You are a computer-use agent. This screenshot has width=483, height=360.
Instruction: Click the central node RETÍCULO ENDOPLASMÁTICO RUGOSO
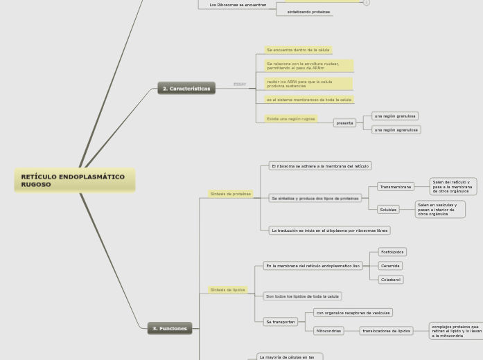pyautogui.click(x=74, y=181)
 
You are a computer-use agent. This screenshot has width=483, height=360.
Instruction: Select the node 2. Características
pyautogui.click(x=186, y=89)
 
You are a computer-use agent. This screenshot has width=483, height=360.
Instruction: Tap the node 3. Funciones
pyautogui.click(x=169, y=328)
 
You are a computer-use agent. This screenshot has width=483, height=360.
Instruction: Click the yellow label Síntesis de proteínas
pyautogui.click(x=230, y=194)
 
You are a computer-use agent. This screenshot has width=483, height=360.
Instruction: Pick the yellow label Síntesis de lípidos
pyautogui.click(x=227, y=289)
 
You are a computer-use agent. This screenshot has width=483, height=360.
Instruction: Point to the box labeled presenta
pyautogui.click(x=344, y=123)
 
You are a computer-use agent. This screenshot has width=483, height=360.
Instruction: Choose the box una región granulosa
pyautogui.click(x=395, y=116)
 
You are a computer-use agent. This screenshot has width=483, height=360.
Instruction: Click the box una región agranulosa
pyautogui.click(x=396, y=129)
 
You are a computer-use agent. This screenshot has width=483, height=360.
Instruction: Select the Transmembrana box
pyautogui.click(x=395, y=186)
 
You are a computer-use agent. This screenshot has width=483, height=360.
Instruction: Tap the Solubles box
pyautogui.click(x=388, y=209)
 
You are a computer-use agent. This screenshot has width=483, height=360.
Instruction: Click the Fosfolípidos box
pyautogui.click(x=392, y=252)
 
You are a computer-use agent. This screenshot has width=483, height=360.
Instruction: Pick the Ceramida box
pyautogui.click(x=390, y=266)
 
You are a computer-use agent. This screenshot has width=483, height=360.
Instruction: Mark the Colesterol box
pyautogui.click(x=390, y=280)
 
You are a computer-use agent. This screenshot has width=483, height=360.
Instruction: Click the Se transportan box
pyautogui.click(x=280, y=321)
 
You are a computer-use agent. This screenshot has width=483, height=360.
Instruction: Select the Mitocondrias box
pyautogui.click(x=328, y=331)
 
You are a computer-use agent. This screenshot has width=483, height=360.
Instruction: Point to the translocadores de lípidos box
pyautogui.click(x=386, y=331)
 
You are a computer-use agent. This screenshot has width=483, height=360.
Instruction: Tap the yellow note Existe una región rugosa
pyautogui.click(x=291, y=118)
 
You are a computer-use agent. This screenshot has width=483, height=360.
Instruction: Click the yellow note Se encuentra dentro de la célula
pyautogui.click(x=298, y=50)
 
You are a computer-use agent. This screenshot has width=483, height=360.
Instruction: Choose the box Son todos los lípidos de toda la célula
pyautogui.click(x=302, y=296)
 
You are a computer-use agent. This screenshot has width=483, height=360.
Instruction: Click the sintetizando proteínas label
pyautogui.click(x=308, y=12)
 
